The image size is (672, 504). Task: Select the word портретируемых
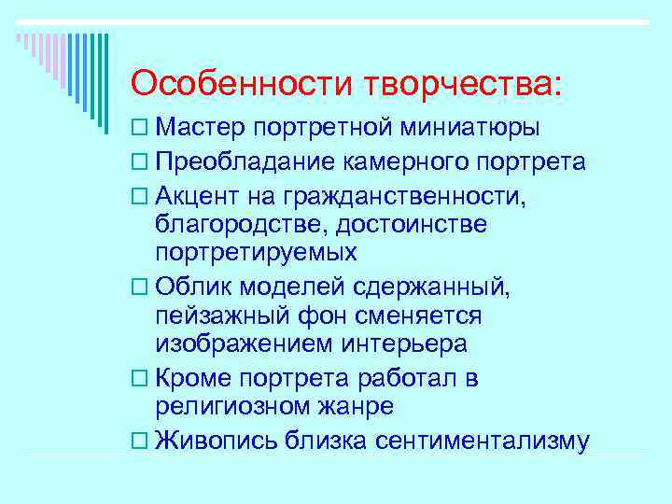coord(256,253)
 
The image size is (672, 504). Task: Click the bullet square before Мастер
coord(139,128)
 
